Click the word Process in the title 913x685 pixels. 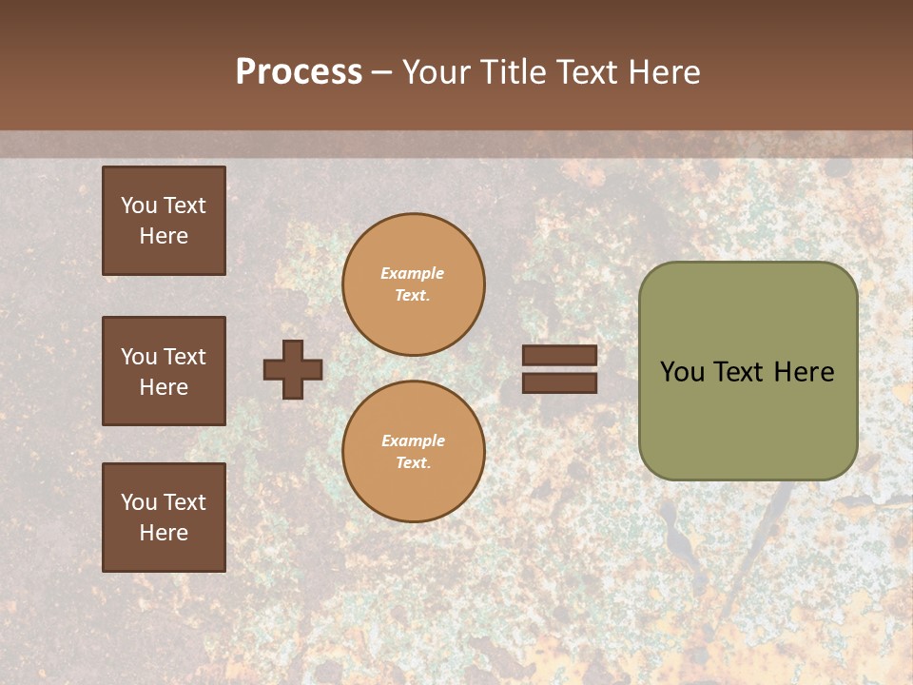299,72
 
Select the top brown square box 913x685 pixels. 164,221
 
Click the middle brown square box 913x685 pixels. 164,371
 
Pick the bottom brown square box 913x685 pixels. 164,518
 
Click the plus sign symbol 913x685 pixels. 293,369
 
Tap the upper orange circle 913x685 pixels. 414,284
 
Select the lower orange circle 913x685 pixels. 414,452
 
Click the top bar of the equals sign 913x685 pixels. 560,356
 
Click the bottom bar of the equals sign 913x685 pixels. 560,382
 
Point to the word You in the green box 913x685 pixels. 682,372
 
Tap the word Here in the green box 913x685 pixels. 804,372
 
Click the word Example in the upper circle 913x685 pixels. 413,273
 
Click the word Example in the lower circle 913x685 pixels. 413,440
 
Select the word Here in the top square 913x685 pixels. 164,236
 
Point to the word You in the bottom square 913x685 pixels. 138,502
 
